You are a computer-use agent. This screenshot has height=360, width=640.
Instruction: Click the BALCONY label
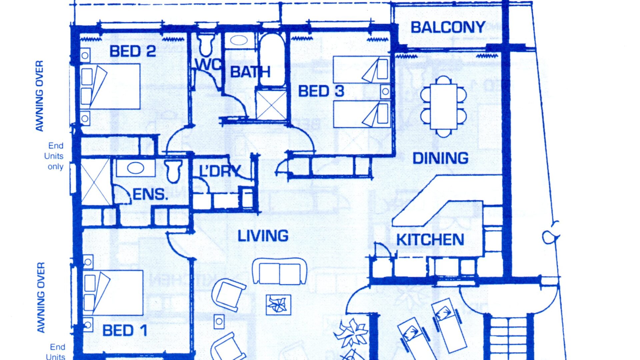tap(448, 27)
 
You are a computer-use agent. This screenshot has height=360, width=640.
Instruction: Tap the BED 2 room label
tap(133, 51)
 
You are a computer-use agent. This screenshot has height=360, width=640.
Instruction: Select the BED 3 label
tap(321, 91)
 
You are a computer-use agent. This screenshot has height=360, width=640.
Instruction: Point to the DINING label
tap(440, 158)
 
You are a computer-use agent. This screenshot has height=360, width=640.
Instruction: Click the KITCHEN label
tap(430, 240)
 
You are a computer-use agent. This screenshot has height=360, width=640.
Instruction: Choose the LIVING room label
tap(263, 236)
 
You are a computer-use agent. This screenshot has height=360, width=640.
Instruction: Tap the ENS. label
tap(150, 194)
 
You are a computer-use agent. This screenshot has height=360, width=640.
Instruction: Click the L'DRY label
tap(220, 171)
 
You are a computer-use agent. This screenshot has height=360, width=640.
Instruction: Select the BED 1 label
tap(125, 331)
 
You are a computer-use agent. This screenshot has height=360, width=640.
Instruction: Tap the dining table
tap(443, 106)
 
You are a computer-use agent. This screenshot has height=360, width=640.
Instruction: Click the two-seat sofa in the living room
tap(279, 271)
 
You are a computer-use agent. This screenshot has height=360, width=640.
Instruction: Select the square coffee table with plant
tap(278, 305)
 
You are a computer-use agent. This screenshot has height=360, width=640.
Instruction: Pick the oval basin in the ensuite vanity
tap(136, 168)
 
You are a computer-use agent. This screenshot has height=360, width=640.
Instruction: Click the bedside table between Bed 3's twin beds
tap(385, 91)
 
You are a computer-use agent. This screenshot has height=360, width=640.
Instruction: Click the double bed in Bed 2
tap(110, 86)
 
